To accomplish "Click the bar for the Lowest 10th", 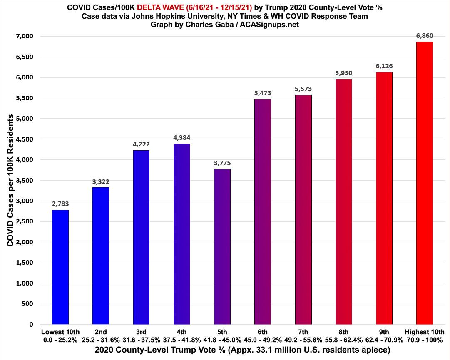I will click(x=60, y=267).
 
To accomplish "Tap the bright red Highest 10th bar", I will click(x=424, y=183).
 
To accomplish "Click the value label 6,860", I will click(x=424, y=36).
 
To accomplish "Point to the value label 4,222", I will click(x=141, y=144).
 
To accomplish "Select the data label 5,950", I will click(x=343, y=73).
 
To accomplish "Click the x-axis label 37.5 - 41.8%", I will click(x=181, y=339).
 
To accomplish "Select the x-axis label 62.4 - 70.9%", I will click(x=384, y=339).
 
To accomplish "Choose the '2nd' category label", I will click(x=101, y=332).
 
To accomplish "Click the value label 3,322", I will click(x=101, y=181).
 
